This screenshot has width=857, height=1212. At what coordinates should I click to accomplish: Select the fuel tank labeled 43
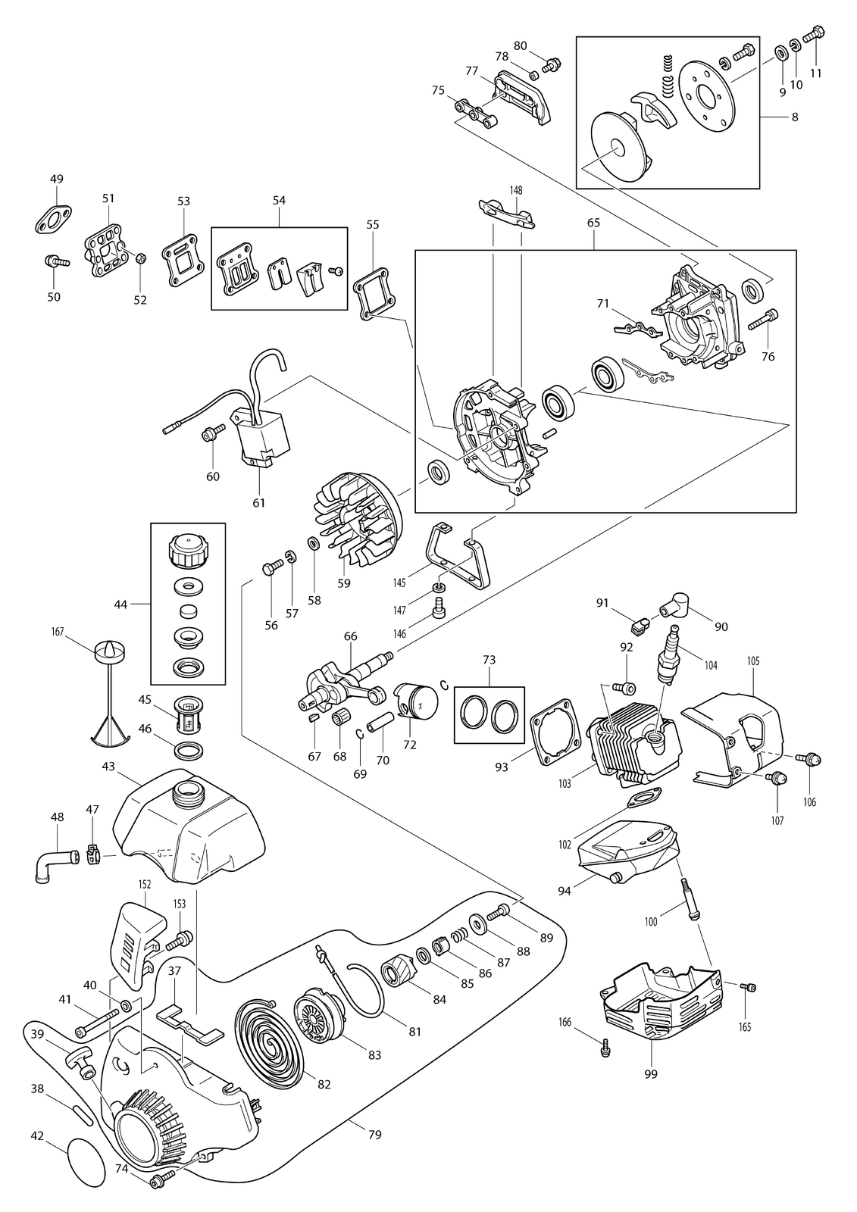click(x=189, y=824)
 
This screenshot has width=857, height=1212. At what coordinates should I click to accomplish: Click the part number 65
click(x=593, y=223)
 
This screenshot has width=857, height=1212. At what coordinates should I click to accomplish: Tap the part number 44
click(x=120, y=604)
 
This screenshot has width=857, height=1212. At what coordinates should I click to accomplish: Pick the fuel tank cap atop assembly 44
click(x=187, y=551)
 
